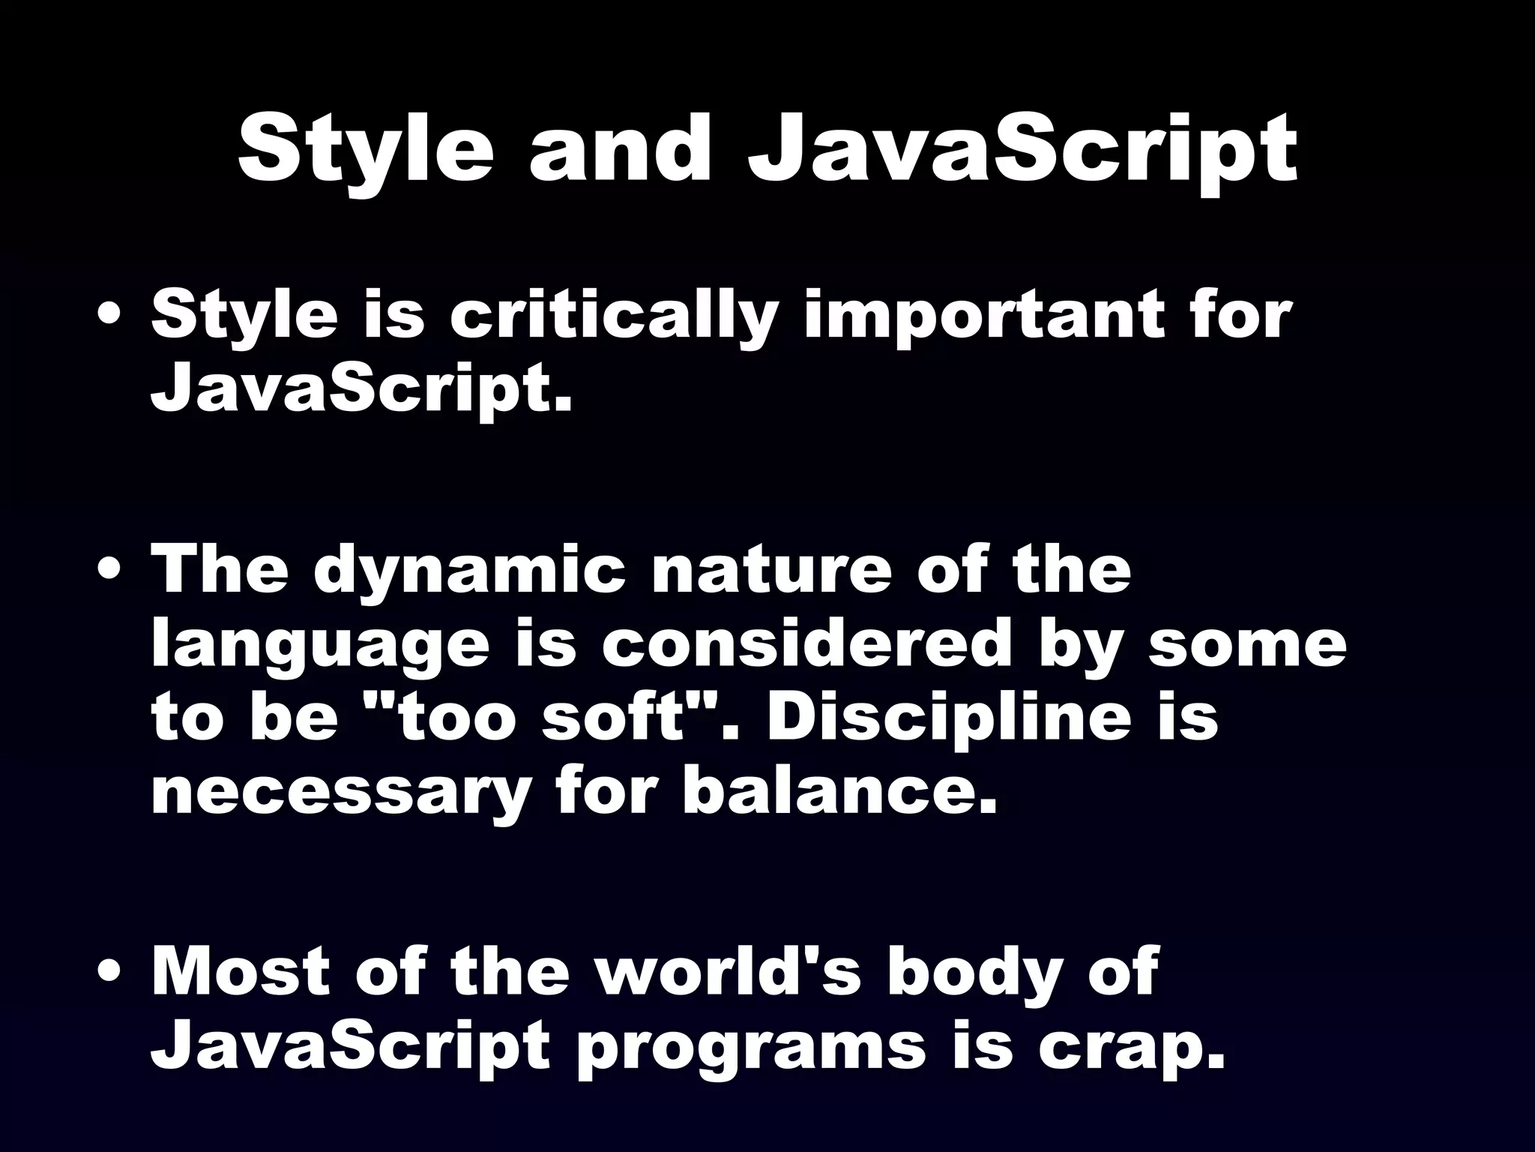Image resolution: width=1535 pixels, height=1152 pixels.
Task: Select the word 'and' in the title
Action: (619, 150)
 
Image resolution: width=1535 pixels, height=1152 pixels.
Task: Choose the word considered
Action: (806, 645)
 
